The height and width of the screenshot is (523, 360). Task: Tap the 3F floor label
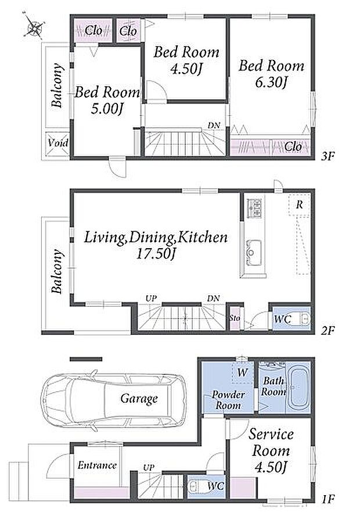(x=327, y=156)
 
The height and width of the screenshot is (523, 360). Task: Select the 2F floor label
(x=327, y=331)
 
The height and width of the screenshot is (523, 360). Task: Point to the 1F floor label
(x=328, y=499)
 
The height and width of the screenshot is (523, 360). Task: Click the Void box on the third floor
(x=57, y=144)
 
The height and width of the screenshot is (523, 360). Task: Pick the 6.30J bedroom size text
(x=271, y=82)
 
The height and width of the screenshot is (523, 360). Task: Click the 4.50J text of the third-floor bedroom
(x=186, y=69)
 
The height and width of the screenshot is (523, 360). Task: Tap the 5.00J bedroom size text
(x=107, y=109)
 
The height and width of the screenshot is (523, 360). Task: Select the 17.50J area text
(x=156, y=254)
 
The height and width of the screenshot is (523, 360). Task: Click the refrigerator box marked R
(x=300, y=205)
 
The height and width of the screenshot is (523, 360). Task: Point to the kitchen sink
(x=253, y=253)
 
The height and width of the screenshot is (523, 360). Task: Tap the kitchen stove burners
(x=254, y=208)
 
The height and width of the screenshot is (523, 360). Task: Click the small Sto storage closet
(x=235, y=318)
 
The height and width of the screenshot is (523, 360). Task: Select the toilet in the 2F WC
(x=303, y=320)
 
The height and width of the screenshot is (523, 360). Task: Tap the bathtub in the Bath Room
(x=299, y=388)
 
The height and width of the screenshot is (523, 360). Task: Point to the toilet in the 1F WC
(x=195, y=487)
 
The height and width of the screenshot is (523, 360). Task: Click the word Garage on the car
(x=139, y=399)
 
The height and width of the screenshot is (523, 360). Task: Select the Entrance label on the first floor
(x=97, y=465)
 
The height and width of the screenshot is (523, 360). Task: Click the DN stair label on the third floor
(x=214, y=126)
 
